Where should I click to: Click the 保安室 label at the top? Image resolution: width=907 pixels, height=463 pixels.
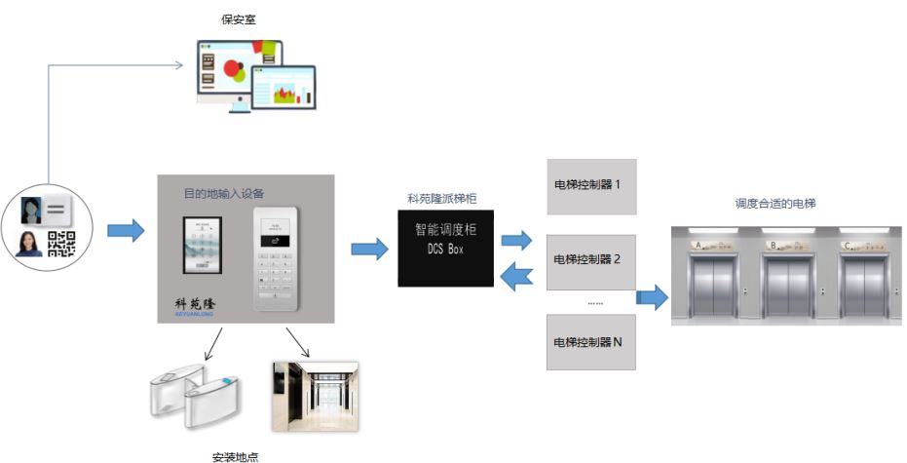(238, 19)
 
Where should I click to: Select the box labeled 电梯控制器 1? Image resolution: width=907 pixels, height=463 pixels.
(591, 186)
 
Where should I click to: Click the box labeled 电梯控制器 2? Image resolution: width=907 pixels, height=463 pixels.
(591, 261)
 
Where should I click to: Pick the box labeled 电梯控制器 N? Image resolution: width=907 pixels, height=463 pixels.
(591, 342)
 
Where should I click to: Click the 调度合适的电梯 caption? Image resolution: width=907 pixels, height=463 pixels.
(775, 204)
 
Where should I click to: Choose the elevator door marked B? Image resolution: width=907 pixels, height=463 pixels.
(787, 286)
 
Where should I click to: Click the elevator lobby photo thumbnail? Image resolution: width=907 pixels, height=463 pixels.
(314, 397)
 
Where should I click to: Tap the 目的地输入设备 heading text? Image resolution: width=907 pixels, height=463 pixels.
(224, 193)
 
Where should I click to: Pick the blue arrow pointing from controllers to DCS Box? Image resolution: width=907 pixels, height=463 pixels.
(515, 279)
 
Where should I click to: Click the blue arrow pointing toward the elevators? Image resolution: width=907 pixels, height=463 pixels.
(652, 297)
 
